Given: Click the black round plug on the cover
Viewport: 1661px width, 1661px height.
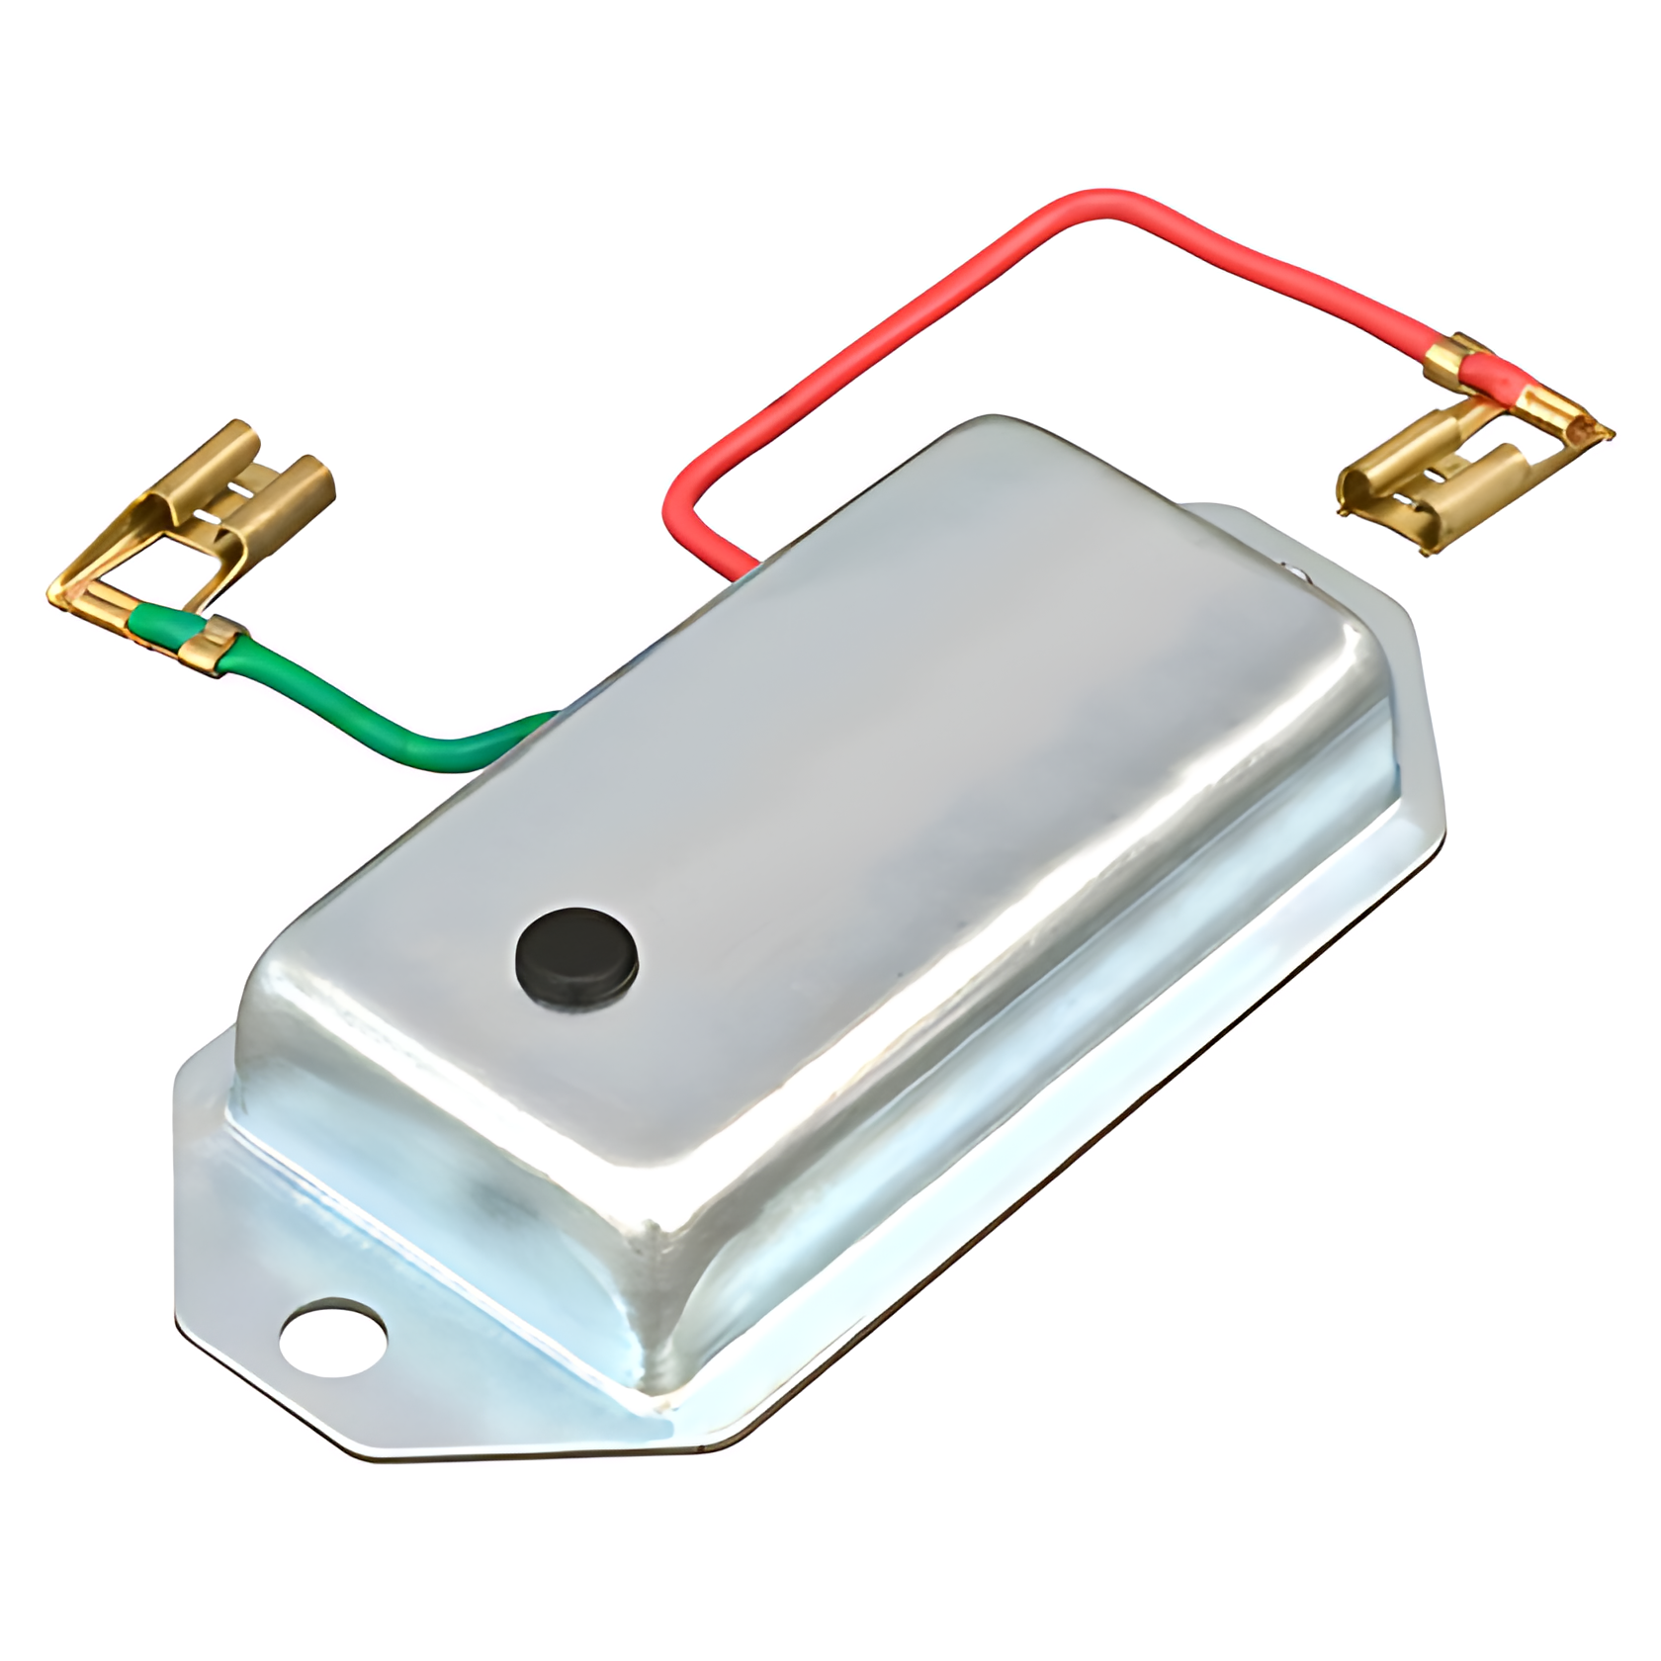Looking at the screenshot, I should pyautogui.click(x=576, y=956).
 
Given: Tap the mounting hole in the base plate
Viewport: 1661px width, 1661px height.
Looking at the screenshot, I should pyautogui.click(x=332, y=1336).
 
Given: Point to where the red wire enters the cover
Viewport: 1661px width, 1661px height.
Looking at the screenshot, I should pyautogui.click(x=743, y=570).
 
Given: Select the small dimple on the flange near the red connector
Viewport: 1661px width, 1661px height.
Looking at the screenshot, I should pyautogui.click(x=1294, y=569).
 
